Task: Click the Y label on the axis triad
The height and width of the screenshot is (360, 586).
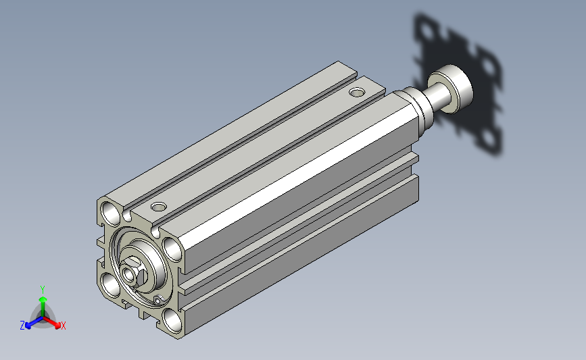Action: click(x=43, y=290)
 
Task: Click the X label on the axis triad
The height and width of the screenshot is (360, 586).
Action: click(x=63, y=326)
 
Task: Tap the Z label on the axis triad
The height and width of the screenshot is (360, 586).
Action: click(x=22, y=326)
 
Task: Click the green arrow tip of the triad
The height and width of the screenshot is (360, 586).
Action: click(x=43, y=299)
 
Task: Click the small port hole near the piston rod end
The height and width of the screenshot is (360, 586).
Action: click(x=357, y=92)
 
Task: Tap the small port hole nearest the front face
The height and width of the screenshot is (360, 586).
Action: click(x=158, y=207)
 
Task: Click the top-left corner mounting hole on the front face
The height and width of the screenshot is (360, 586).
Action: click(x=111, y=213)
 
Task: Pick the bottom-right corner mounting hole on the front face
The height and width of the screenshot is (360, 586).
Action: click(x=172, y=320)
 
